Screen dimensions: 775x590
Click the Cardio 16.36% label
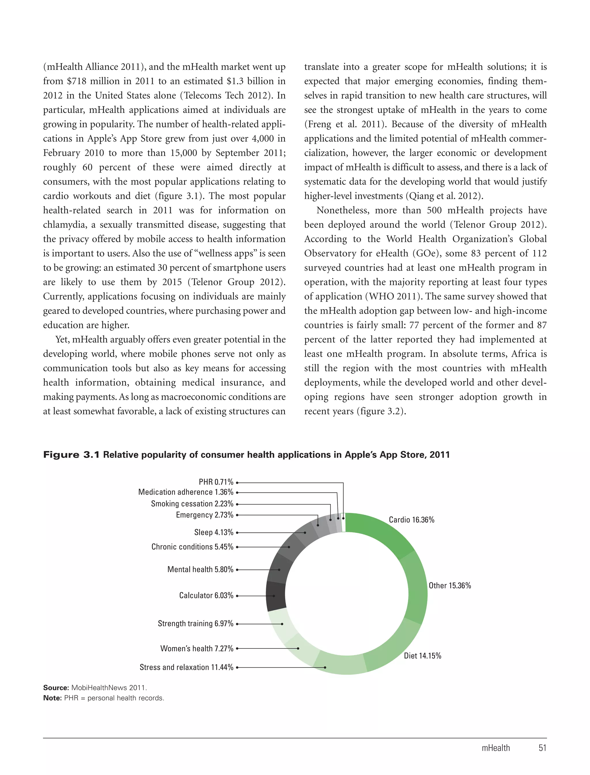pos(411,520)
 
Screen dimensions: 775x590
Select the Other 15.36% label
pos(449,586)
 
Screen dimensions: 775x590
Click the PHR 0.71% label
pos(215,482)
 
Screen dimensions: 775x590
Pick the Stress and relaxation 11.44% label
pos(186,667)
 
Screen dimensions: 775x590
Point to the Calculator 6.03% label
pos(206,595)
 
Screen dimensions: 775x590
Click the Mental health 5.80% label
pos(200,569)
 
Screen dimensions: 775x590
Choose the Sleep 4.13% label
pos(213,533)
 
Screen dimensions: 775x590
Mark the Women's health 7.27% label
pos(197,648)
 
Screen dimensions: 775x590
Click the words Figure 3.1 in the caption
pos(71,455)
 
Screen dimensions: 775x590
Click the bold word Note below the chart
pos(52,698)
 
